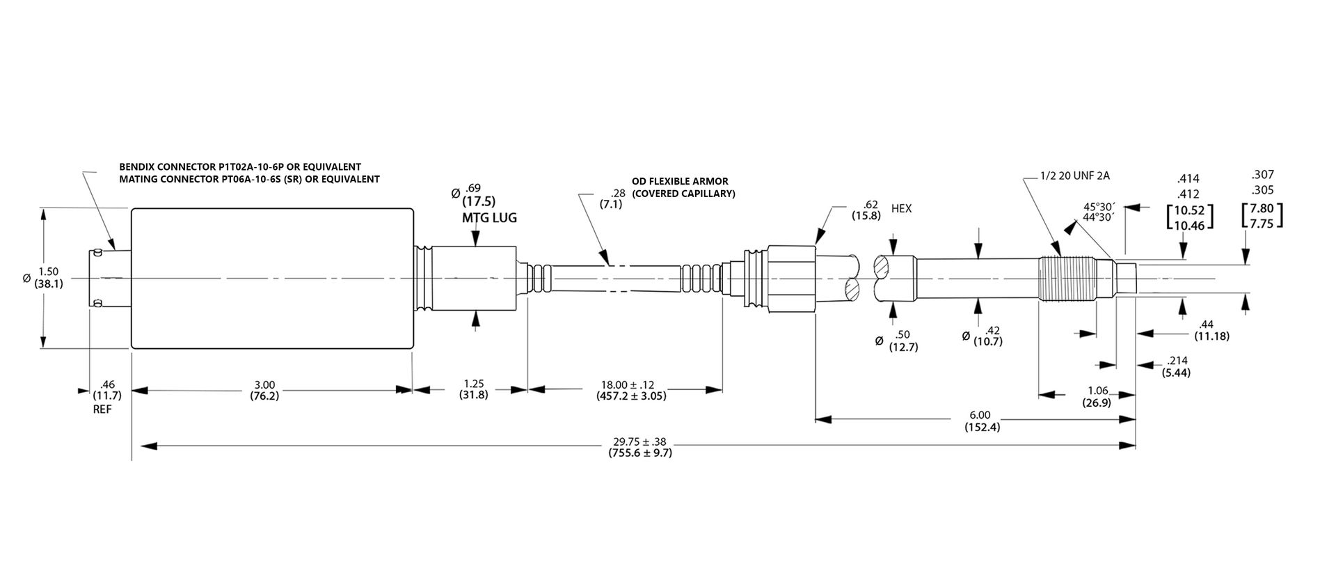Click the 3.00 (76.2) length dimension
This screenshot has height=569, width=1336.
(x=264, y=390)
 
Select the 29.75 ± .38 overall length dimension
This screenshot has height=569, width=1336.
(x=639, y=447)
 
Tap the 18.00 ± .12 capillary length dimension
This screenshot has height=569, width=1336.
(x=632, y=390)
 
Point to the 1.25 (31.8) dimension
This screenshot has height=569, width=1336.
(x=473, y=389)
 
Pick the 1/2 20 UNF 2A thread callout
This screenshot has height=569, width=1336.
(x=1074, y=176)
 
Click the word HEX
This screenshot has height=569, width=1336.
(x=901, y=209)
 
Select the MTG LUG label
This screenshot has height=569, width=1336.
(x=489, y=218)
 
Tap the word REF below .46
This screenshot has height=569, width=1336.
(x=102, y=410)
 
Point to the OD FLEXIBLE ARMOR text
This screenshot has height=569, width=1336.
(x=680, y=182)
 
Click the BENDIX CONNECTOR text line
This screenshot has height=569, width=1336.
(x=240, y=167)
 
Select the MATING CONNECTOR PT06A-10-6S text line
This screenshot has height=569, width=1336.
(x=249, y=179)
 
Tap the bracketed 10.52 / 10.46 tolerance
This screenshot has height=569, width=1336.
(x=1189, y=217)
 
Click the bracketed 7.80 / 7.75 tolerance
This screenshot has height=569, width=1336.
(x=1262, y=215)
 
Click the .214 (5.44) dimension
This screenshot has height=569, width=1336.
(x=1176, y=366)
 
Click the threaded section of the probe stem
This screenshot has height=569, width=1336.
(x=1065, y=279)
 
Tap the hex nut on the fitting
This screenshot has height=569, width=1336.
(x=790, y=278)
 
